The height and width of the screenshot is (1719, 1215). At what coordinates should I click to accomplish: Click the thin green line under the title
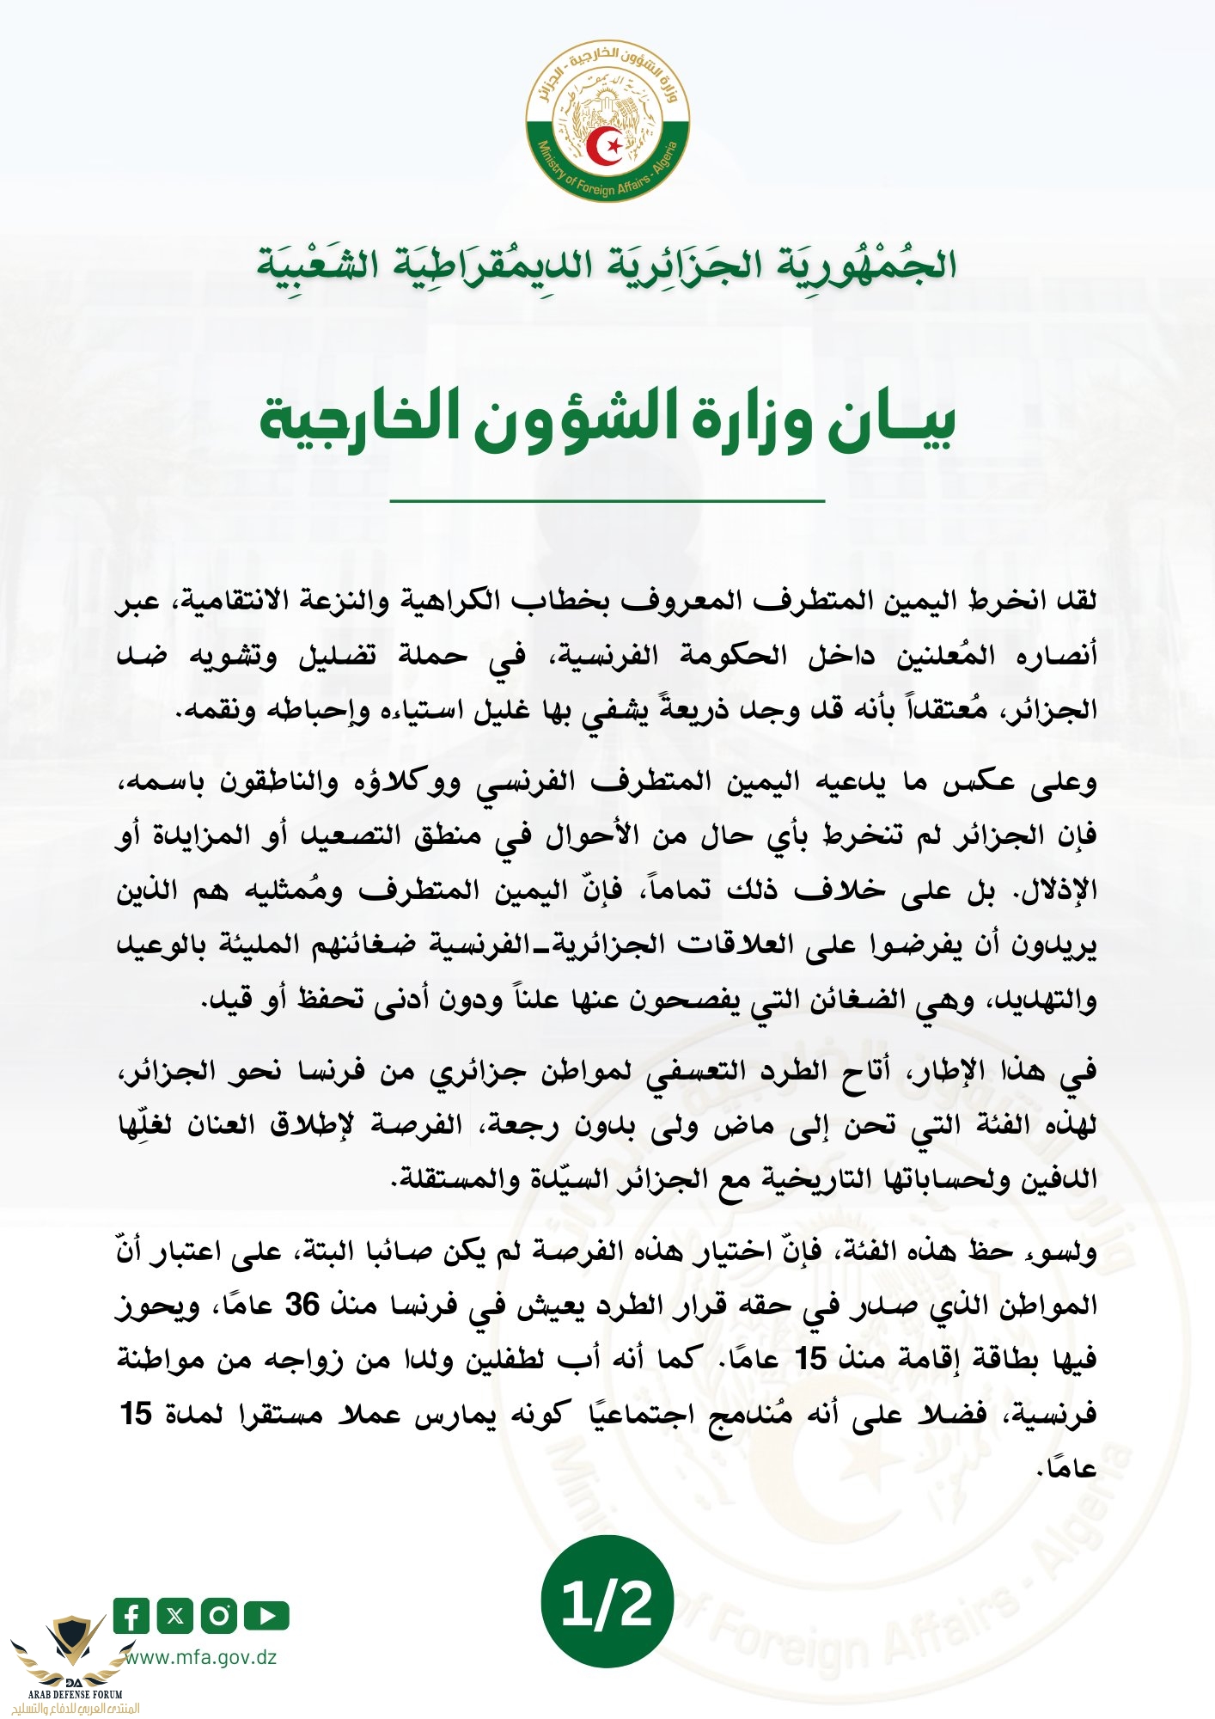[x=607, y=499]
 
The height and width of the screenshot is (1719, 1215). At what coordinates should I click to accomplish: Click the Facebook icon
[x=131, y=1616]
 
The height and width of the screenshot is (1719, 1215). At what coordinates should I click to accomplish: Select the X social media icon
[x=175, y=1616]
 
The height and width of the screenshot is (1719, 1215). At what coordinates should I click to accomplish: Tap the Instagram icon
[x=219, y=1616]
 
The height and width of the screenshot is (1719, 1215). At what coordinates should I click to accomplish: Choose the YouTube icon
[x=266, y=1616]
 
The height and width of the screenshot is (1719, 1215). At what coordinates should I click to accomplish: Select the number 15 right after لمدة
[x=137, y=1414]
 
